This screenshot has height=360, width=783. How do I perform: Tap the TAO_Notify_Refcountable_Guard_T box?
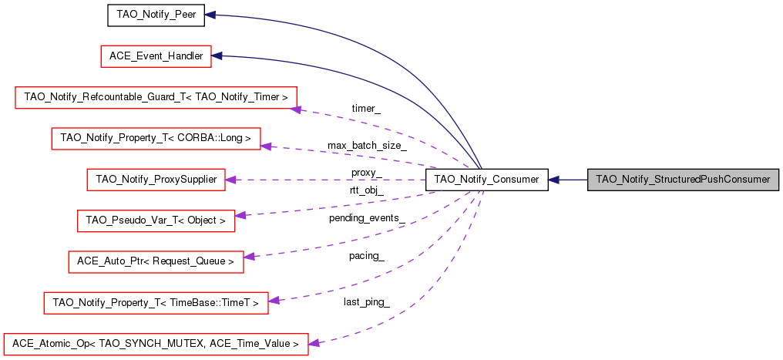pyautogui.click(x=156, y=97)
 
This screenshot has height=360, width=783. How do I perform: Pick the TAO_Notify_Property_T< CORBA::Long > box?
pyautogui.click(x=156, y=138)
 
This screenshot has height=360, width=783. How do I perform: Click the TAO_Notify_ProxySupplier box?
pyautogui.click(x=156, y=180)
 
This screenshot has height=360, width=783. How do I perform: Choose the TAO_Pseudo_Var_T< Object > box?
pyautogui.click(x=156, y=220)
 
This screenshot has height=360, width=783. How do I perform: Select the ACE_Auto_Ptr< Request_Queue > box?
pyautogui.click(x=156, y=261)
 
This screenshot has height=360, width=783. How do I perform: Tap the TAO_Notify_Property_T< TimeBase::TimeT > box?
pyautogui.click(x=156, y=302)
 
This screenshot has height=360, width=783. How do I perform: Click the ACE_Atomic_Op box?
pyautogui.click(x=156, y=343)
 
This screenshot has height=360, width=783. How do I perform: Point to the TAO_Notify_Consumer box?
pyautogui.click(x=486, y=180)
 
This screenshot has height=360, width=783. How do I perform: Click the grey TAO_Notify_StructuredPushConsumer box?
pyautogui.click(x=684, y=180)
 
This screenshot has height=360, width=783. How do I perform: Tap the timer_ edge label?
pyautogui.click(x=365, y=109)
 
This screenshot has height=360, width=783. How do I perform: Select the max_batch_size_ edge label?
pyautogui.click(x=367, y=145)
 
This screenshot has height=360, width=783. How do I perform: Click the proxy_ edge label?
pyautogui.click(x=366, y=172)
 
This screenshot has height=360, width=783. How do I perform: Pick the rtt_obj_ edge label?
pyautogui.click(x=366, y=190)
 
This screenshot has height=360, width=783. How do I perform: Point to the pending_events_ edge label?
pyautogui.click(x=367, y=218)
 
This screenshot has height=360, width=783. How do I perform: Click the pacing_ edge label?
pyautogui.click(x=366, y=255)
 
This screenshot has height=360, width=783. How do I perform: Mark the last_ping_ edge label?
pyautogui.click(x=366, y=301)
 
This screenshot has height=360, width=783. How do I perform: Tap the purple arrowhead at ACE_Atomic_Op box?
pyautogui.click(x=314, y=342)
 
